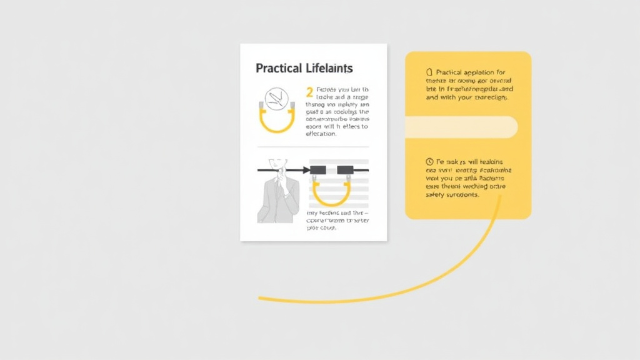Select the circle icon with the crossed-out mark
coord(276,99)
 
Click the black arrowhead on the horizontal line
coord(306,170)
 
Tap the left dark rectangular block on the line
coord(318,170)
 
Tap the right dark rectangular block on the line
coord(346,170)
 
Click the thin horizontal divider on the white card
coord(313,146)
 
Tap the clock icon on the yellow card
coord(429,161)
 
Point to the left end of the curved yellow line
coord(261,298)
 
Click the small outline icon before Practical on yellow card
coord(429,72)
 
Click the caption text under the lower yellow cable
coord(337,220)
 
